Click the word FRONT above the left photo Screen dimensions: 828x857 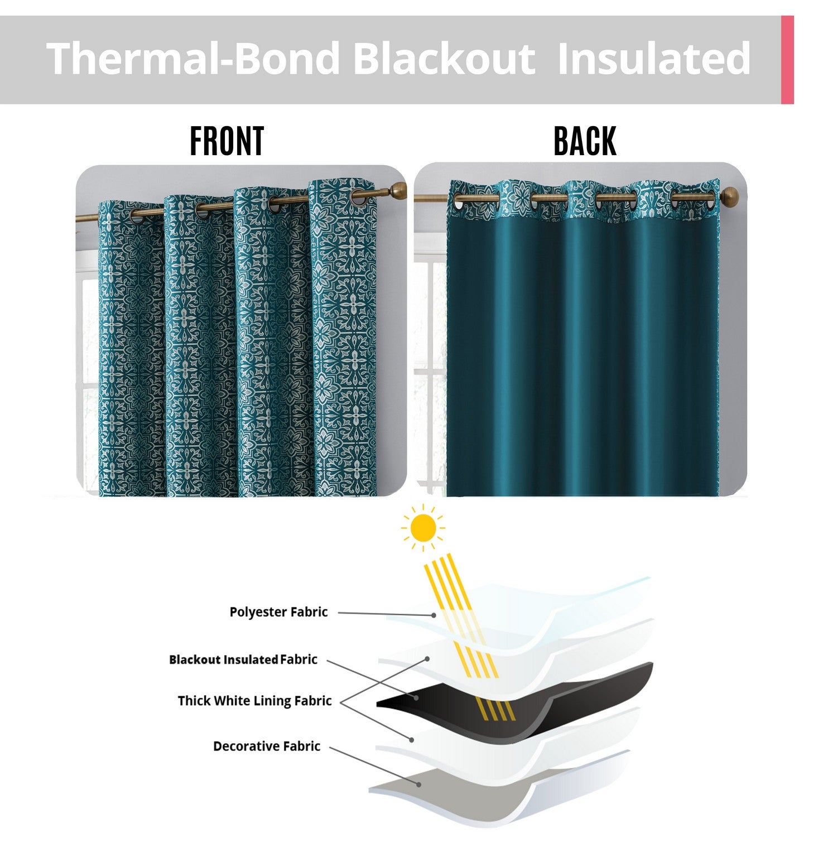point(227,141)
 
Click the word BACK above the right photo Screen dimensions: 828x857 point(585,141)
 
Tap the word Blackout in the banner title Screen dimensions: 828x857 point(444,58)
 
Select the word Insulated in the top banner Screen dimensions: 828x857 point(654,58)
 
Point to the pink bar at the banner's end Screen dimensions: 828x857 point(787,60)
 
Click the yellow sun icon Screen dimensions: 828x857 point(423,528)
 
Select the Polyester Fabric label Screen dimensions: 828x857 point(278,612)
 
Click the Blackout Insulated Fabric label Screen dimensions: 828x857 point(243,659)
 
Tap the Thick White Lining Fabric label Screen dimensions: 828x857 point(255,701)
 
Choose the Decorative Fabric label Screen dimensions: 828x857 point(267,747)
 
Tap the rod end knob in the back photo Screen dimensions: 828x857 point(730,196)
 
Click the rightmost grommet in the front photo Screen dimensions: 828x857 point(359,196)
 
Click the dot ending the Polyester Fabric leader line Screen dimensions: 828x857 point(434,615)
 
